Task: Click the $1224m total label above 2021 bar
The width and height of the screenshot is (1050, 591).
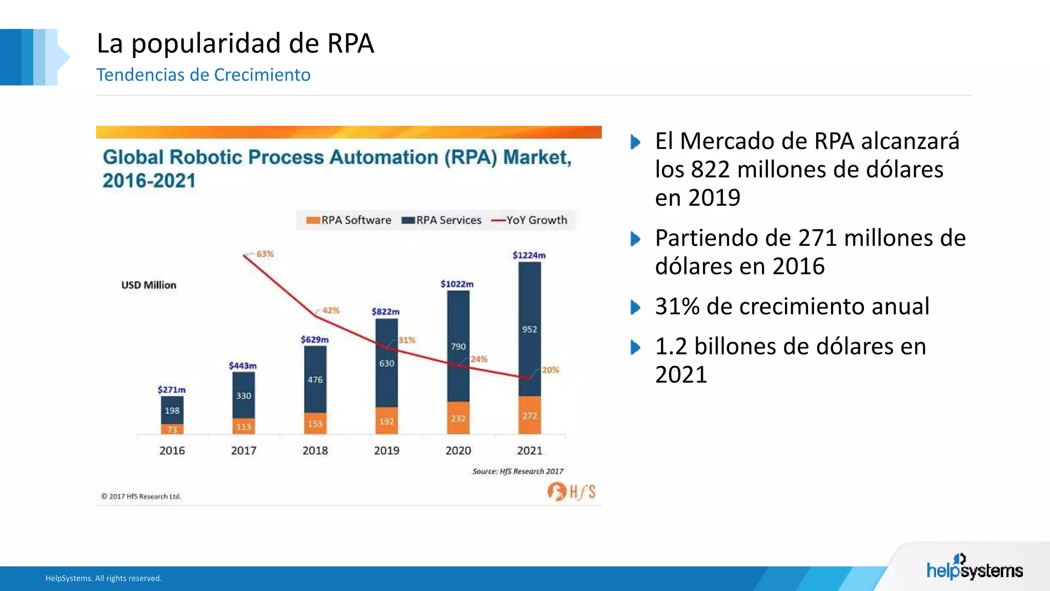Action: [x=529, y=255]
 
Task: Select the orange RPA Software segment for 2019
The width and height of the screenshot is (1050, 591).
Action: [x=387, y=421]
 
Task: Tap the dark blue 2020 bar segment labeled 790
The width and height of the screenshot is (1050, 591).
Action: [x=458, y=346]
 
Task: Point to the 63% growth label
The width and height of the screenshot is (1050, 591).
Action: [x=265, y=254]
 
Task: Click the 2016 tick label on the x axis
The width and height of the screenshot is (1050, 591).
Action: [x=172, y=450]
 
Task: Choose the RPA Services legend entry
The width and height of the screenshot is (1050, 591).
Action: [x=441, y=220]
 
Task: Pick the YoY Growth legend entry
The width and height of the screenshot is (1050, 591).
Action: [x=530, y=220]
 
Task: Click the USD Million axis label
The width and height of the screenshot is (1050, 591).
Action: [x=149, y=285]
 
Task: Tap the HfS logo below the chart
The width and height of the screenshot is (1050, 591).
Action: [x=571, y=491]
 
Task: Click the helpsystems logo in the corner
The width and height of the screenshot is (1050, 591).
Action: [x=974, y=568]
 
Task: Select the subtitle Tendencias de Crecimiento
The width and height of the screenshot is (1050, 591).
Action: [x=203, y=75]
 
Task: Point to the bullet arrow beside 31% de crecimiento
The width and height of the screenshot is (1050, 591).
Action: [x=635, y=307]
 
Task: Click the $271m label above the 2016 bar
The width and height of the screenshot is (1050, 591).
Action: [x=171, y=389]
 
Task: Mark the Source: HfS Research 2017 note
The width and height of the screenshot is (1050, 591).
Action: [x=517, y=471]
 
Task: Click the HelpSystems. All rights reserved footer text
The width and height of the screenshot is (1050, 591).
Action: [x=104, y=578]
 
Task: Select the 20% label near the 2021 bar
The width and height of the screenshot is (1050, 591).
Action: [x=550, y=370]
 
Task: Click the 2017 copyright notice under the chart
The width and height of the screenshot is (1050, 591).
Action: [x=141, y=496]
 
